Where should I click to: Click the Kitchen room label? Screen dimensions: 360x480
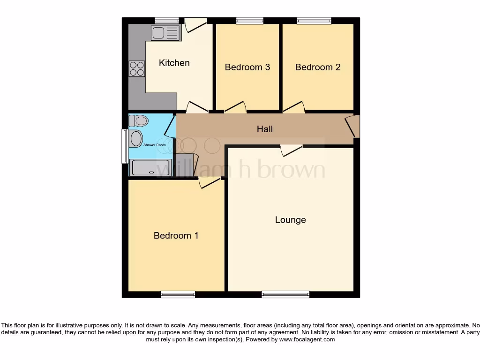pos(174,63)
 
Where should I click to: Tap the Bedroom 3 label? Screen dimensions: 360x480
pos(247,67)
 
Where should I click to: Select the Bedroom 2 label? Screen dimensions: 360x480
pos(317,67)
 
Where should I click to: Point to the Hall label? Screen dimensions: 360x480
pos(264,129)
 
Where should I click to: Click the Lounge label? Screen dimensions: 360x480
pos(290,220)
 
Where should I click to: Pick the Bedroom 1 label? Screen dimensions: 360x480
pos(176,235)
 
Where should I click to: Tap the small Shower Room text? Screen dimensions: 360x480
pos(155,145)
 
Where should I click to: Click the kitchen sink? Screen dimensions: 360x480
pos(165,33)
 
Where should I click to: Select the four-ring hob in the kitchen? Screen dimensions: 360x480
pos(137,69)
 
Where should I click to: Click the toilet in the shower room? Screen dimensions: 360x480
pos(139,121)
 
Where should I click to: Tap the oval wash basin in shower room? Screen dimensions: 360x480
pos(136,139)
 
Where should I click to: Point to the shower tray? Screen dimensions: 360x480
pos(151,168)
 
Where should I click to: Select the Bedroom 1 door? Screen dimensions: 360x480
pos(210,182)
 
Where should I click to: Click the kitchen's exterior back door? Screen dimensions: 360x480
pos(195,24)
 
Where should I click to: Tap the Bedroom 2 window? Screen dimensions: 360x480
pos(314,21)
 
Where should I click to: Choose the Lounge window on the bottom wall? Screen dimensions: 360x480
pos(285,294)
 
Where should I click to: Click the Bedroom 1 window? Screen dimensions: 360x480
pos(178,294)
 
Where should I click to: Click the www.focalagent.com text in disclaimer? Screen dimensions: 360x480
pos(307,339)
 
